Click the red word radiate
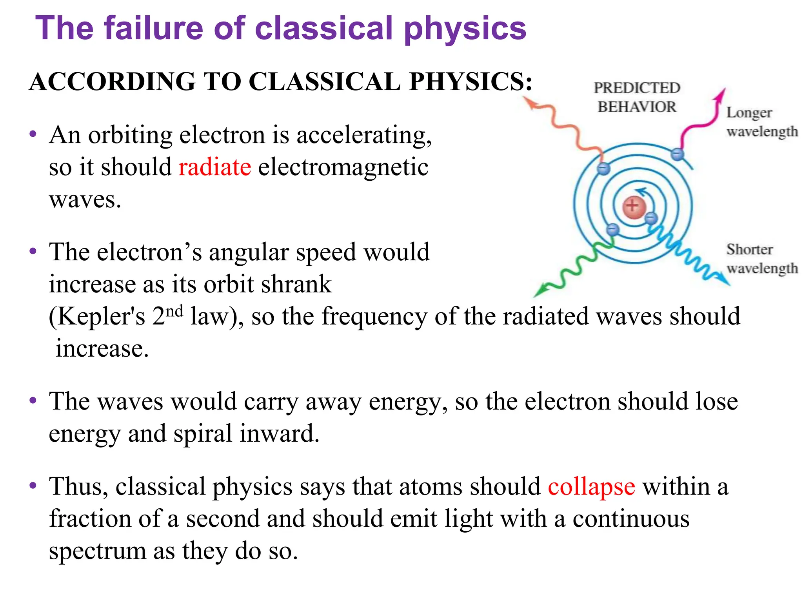click(x=214, y=167)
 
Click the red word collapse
click(x=591, y=487)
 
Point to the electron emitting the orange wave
click(x=604, y=169)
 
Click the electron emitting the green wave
click(x=612, y=230)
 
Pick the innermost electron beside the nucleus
click(x=651, y=218)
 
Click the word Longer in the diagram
click(x=749, y=113)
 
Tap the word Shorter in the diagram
click(x=749, y=250)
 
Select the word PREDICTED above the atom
click(x=637, y=88)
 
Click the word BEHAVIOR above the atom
click(x=637, y=107)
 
